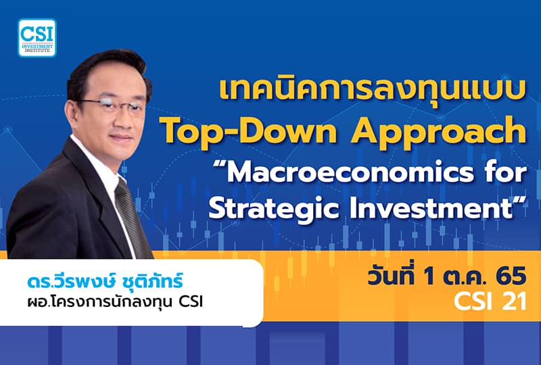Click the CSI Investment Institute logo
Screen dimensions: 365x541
[x=37, y=37]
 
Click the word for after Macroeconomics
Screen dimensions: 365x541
[x=500, y=172]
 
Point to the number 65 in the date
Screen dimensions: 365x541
[x=511, y=276]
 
